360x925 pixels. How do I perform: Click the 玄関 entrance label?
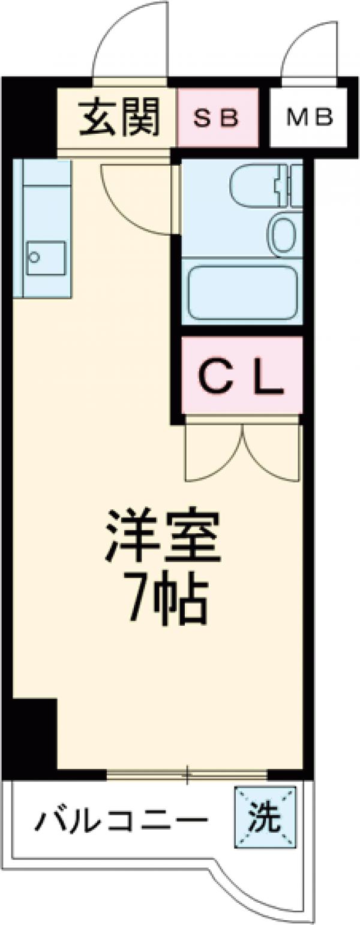point(119,118)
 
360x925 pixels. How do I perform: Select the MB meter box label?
point(308,118)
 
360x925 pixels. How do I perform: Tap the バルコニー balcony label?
point(121,819)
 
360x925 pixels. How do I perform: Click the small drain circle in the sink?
point(35,257)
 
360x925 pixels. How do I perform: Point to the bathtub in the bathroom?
point(242,293)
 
